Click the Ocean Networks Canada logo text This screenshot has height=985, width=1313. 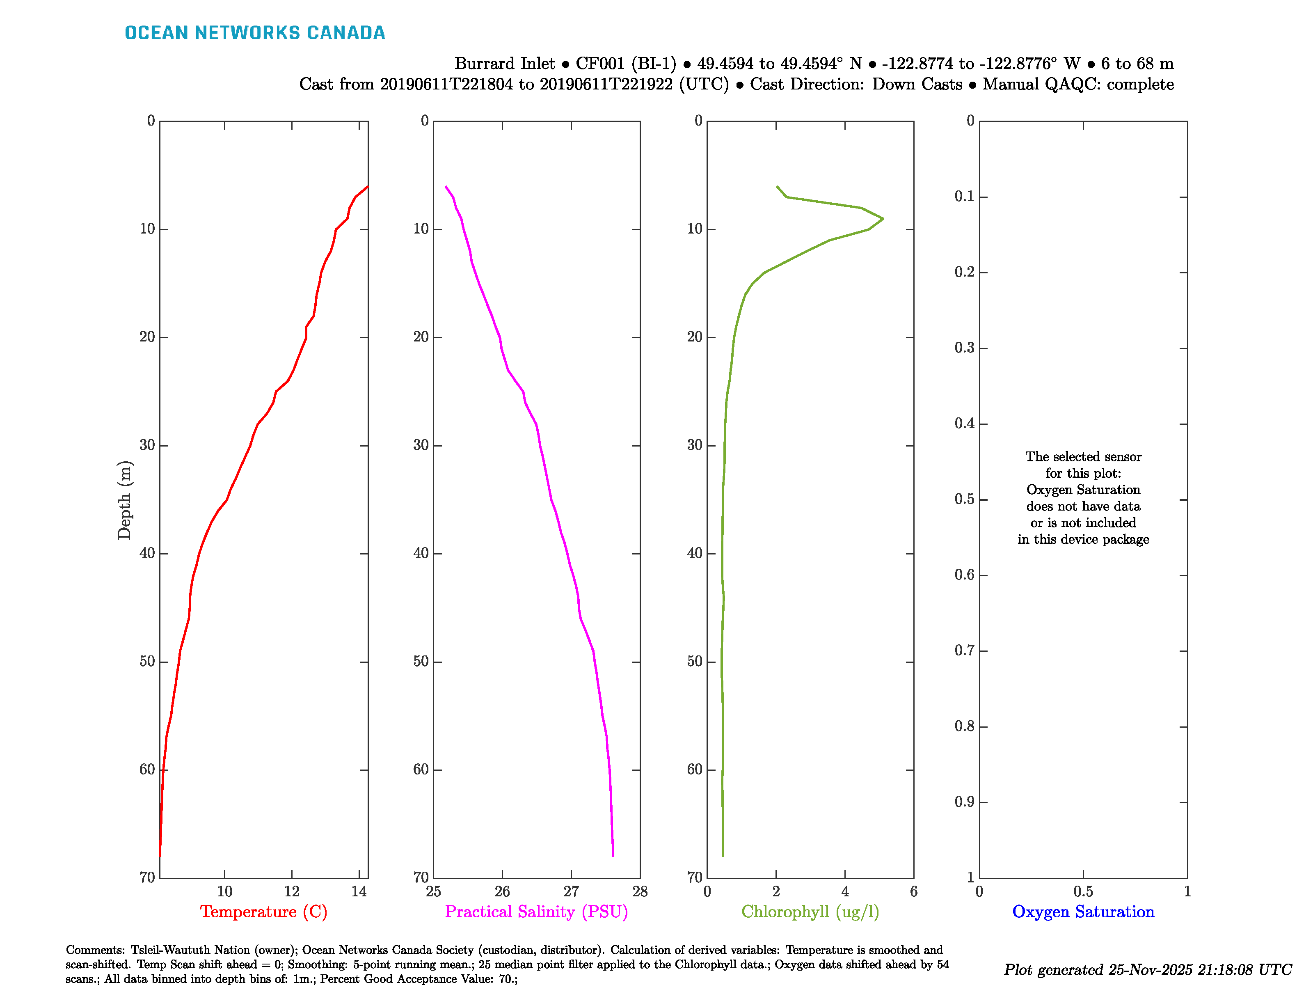255,33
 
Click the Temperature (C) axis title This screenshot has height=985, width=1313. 263,912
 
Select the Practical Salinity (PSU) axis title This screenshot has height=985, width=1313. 536,912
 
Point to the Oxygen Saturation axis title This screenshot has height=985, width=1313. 1083,912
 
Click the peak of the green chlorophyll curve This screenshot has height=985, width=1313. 883,218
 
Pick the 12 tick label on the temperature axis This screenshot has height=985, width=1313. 291,891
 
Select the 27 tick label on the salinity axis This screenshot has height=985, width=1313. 571,891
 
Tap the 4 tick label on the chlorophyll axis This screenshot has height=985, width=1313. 845,891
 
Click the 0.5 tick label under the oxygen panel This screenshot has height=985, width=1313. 1083,891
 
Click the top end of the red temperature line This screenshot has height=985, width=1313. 367,187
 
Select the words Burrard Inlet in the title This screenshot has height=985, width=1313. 505,64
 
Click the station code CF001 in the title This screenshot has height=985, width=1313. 600,64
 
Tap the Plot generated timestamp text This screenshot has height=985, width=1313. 1147,969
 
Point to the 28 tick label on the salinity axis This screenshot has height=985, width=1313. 640,891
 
